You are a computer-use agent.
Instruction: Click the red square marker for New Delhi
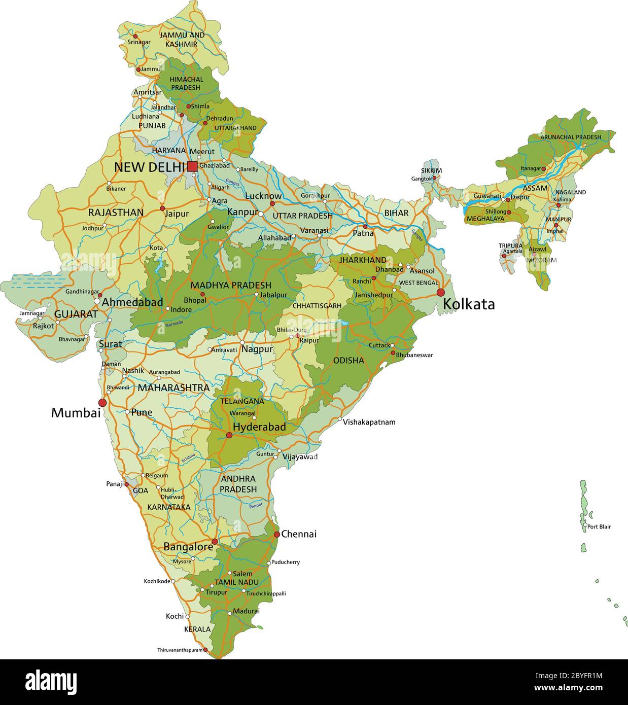(192, 166)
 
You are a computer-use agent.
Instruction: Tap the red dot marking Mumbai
(102, 402)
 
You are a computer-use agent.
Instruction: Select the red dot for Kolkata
(440, 292)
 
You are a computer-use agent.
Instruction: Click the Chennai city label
(299, 534)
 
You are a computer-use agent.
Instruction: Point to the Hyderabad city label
(259, 427)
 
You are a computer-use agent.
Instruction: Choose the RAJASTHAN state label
(116, 213)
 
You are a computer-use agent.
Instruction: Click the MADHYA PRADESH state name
(231, 286)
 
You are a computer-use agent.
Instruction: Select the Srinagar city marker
(135, 36)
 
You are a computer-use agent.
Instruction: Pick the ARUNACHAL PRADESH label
(571, 137)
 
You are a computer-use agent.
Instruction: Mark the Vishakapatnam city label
(369, 422)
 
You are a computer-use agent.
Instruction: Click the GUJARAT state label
(76, 314)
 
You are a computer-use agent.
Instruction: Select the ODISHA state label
(348, 361)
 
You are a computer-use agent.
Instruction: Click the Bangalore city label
(188, 547)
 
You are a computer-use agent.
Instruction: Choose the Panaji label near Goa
(115, 484)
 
